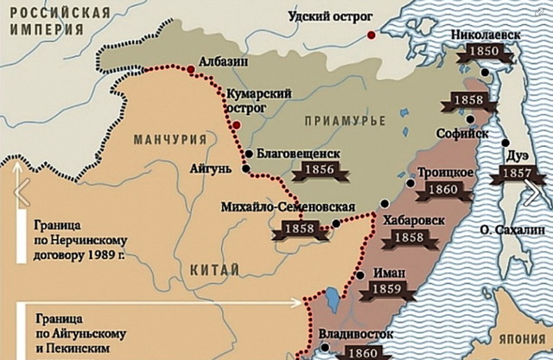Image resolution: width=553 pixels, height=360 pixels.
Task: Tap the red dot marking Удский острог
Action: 372,35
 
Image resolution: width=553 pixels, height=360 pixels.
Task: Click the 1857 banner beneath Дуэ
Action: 517,174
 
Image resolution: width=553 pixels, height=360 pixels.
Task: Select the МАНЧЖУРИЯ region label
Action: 170,140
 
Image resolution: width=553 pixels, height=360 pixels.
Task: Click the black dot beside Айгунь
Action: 246,169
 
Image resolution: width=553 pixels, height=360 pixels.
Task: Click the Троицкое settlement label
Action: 444,172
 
